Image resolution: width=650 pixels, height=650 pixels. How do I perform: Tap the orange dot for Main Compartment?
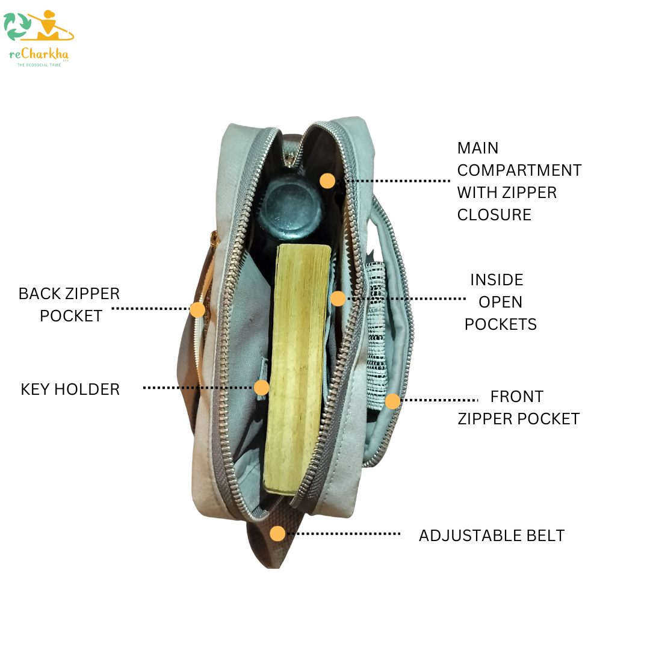point(327,181)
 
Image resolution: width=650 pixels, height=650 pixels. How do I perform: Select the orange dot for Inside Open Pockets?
point(338,298)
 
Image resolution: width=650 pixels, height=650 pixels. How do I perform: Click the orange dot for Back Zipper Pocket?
point(197,309)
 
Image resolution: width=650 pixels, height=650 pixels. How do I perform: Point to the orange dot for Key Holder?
point(261,388)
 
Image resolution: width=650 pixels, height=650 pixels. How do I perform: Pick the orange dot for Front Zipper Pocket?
point(392,401)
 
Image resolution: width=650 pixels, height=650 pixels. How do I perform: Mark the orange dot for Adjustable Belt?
point(277,533)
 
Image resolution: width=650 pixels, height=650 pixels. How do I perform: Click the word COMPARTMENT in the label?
point(519,170)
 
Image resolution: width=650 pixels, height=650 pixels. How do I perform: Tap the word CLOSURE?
point(494,215)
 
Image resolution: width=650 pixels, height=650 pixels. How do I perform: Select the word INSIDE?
point(497,280)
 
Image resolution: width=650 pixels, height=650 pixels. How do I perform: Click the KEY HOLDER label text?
point(70,389)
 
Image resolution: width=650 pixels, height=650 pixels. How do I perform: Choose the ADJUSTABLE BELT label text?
point(491,536)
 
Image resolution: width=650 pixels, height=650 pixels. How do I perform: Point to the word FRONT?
point(516,397)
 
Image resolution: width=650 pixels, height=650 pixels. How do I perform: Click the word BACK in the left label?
point(39,294)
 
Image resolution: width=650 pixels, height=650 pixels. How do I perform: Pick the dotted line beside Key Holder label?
point(199,388)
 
